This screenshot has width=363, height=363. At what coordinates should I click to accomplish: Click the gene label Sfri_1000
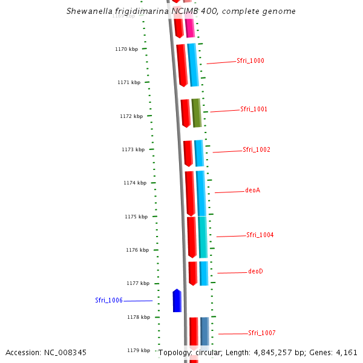[250, 61]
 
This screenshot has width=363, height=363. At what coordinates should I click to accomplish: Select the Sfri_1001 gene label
[253, 110]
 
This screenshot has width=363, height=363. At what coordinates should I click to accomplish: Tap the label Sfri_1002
[256, 150]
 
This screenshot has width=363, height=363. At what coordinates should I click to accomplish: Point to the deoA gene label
[252, 191]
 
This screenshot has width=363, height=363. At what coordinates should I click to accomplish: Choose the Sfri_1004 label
[260, 235]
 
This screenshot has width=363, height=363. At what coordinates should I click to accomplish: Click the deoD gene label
[255, 272]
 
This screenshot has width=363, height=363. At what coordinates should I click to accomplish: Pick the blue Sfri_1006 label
[109, 301]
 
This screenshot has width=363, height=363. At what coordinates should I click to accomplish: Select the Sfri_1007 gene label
[261, 333]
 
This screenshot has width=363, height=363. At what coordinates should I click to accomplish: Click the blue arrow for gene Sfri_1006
[177, 301]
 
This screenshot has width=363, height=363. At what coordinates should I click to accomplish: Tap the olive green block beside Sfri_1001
[196, 113]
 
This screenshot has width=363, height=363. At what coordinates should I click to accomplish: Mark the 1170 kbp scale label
[126, 49]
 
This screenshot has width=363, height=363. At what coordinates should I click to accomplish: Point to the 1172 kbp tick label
[131, 116]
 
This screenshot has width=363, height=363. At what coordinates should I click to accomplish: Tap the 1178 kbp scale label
[139, 317]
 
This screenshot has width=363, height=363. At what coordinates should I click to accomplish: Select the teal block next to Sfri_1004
[203, 237]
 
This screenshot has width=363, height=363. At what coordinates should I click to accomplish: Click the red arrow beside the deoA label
[190, 193]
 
